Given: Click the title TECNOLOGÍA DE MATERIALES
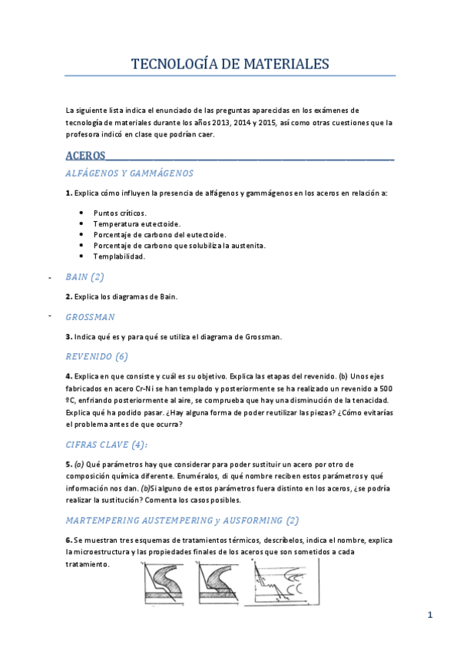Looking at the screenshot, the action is click(x=230, y=63).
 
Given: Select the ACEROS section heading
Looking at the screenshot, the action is click(x=85, y=156).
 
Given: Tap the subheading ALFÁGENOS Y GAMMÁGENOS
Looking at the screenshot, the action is click(x=129, y=173).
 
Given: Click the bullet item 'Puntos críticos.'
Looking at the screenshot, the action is click(x=119, y=213).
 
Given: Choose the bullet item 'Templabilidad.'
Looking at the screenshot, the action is click(x=119, y=256).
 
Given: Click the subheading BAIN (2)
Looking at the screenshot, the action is click(x=84, y=276).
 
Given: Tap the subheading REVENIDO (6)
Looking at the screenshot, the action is click(x=97, y=356).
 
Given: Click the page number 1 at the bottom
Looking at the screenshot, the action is click(x=430, y=615).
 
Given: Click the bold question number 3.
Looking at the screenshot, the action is click(x=69, y=336).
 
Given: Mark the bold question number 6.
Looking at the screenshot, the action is click(x=69, y=540).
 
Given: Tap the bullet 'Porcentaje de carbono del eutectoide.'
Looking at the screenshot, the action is click(x=159, y=234).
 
